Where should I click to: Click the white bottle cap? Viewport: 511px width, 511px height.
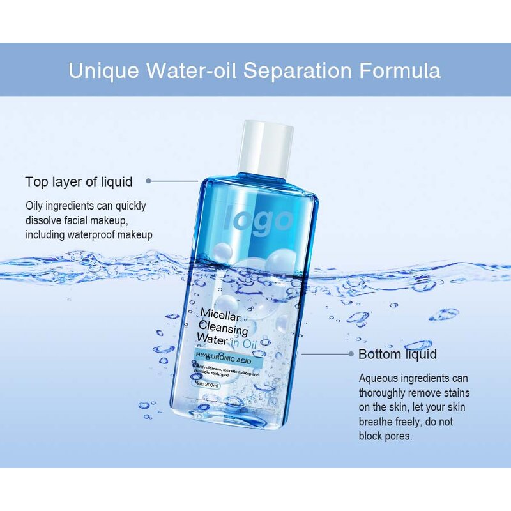pyautogui.click(x=267, y=146)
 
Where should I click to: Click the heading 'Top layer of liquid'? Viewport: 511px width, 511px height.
pyautogui.click(x=79, y=182)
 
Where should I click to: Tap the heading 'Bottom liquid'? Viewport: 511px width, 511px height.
pyautogui.click(x=397, y=355)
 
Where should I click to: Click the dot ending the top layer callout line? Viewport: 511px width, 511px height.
pyautogui.click(x=149, y=181)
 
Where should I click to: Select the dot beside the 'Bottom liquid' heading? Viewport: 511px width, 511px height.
pyautogui.click(x=351, y=353)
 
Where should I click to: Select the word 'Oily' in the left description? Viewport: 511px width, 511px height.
pyautogui.click(x=34, y=206)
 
